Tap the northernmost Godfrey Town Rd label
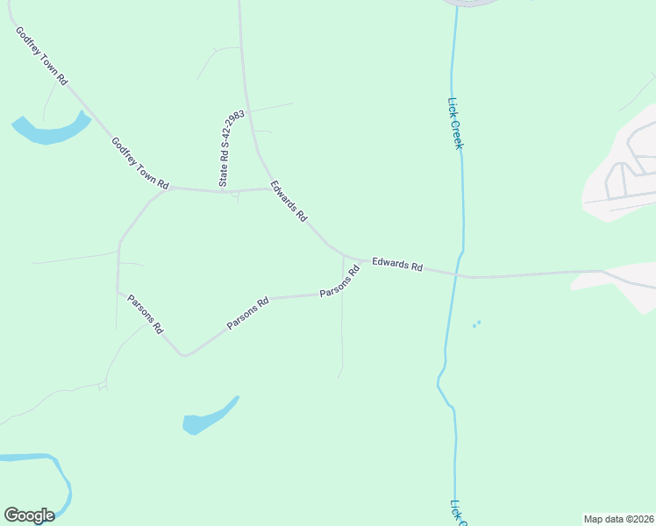pyautogui.click(x=41, y=54)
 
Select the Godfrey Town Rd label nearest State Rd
pyautogui.click(x=140, y=164)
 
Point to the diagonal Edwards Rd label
pyautogui.click(x=289, y=201)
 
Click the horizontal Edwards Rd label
pyautogui.click(x=397, y=264)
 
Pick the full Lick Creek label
pyautogui.click(x=455, y=123)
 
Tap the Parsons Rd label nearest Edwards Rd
pyautogui.click(x=339, y=281)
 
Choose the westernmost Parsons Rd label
pyautogui.click(x=145, y=313)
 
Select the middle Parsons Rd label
pyautogui.click(x=247, y=312)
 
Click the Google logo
pyautogui.click(x=29, y=515)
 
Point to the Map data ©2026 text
pyautogui.click(x=619, y=519)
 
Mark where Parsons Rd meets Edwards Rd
pyautogui.click(x=343, y=258)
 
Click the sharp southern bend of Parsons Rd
pyautogui.click(x=183, y=354)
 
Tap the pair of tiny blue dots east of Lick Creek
pyautogui.click(x=476, y=323)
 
